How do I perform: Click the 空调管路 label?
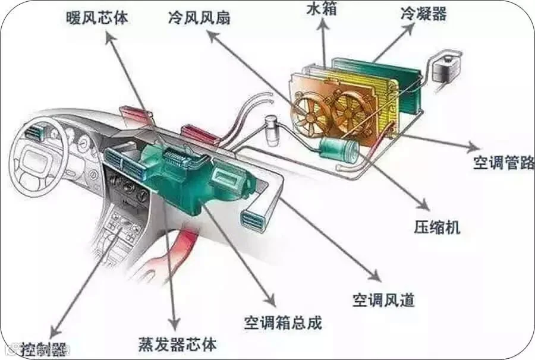[x=503, y=163]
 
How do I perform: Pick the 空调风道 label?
[x=383, y=299]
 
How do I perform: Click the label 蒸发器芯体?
[x=177, y=343]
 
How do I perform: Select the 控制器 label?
[x=44, y=346]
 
